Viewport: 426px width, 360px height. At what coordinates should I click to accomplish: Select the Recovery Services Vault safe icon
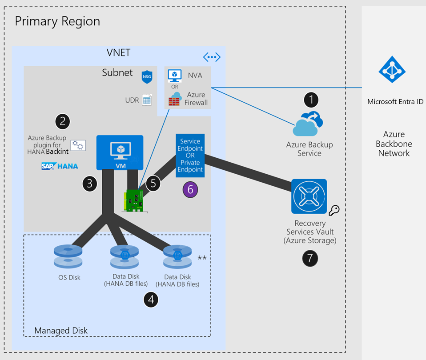click(309, 196)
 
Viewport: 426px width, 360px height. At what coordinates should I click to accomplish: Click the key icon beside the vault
click(334, 210)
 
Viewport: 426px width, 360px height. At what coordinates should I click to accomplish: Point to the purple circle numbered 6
click(190, 189)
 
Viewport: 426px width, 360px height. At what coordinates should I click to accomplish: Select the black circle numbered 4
click(151, 300)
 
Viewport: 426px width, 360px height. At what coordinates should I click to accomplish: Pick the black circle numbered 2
click(63, 121)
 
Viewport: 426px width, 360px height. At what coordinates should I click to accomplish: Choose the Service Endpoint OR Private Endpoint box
click(190, 155)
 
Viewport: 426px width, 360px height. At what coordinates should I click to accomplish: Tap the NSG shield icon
click(147, 76)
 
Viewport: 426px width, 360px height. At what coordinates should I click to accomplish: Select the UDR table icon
click(147, 100)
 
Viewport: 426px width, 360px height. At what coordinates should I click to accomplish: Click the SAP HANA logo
click(60, 166)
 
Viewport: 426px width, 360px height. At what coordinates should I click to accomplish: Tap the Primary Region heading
click(57, 21)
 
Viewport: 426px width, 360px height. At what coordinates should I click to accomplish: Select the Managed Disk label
click(61, 330)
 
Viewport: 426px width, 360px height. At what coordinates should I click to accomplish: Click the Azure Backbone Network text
click(394, 144)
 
